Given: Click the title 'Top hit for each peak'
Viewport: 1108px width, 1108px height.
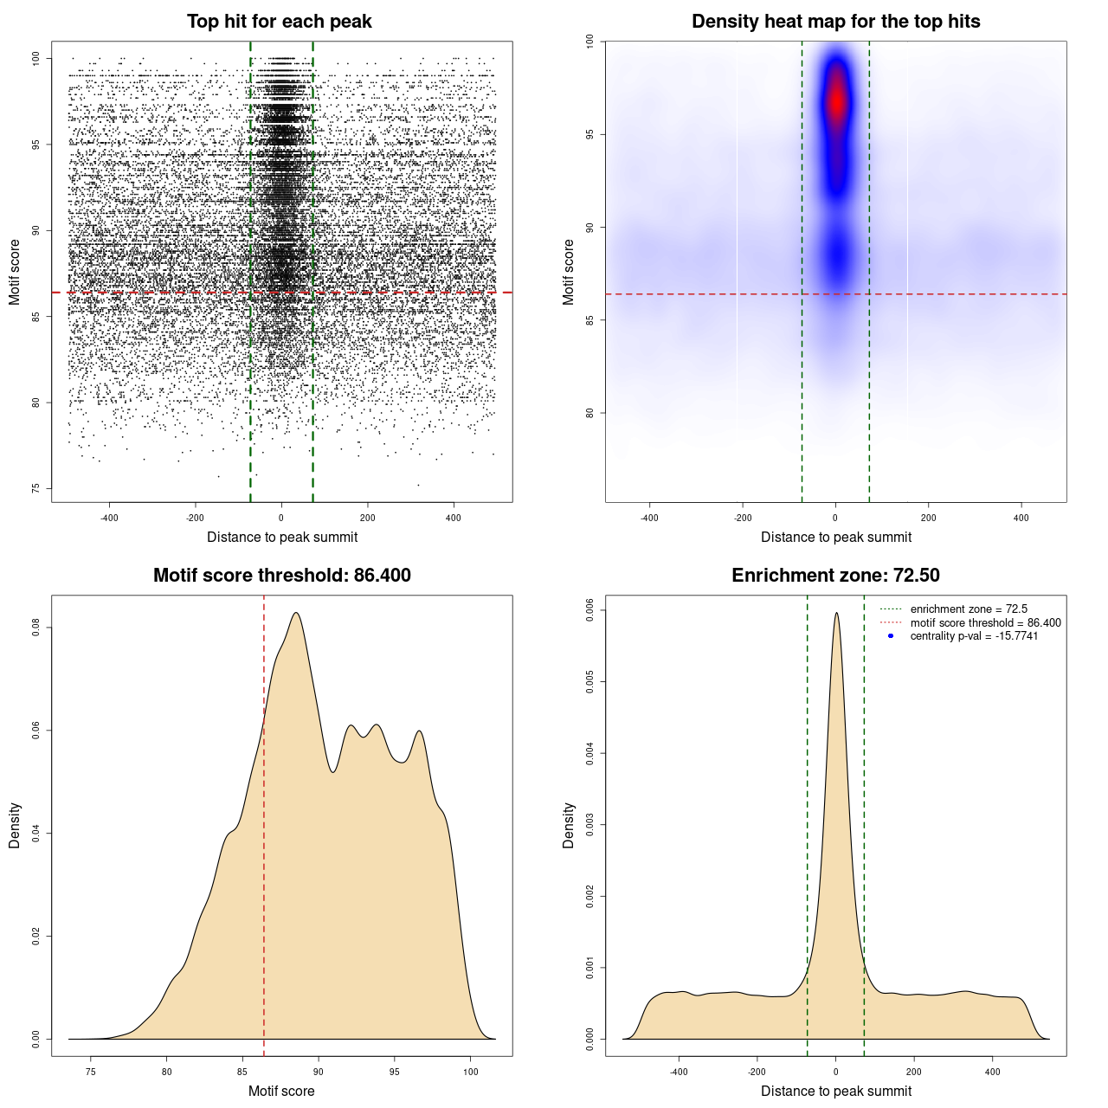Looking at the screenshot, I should click(x=279, y=22).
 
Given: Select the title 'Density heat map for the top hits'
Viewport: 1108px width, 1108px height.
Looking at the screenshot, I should click(x=835, y=22).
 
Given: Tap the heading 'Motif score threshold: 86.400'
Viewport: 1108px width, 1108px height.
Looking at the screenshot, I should click(x=281, y=576).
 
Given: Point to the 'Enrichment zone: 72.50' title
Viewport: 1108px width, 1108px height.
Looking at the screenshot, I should click(x=835, y=576).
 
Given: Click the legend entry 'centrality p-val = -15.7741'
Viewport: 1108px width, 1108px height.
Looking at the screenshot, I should click(x=974, y=636).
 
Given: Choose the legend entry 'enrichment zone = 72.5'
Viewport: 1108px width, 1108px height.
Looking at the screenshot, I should click(x=969, y=609).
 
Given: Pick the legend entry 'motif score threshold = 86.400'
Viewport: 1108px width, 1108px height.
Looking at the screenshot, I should click(x=985, y=623).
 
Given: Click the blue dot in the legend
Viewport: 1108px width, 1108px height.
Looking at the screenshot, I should click(x=891, y=636).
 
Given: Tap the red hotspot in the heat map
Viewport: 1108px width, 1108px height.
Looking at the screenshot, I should click(x=836, y=100).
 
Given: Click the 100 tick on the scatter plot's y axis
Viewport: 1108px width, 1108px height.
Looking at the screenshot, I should click(x=36, y=58).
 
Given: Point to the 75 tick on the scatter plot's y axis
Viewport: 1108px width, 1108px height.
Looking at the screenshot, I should click(x=36, y=488).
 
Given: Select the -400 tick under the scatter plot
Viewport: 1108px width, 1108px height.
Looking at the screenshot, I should click(x=109, y=518).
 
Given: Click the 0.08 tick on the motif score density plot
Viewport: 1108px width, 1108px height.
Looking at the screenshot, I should click(x=36, y=628).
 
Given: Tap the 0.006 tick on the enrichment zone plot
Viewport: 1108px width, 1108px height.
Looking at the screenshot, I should click(x=590, y=610).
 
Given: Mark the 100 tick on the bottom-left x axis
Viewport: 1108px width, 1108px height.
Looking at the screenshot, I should click(x=470, y=1072).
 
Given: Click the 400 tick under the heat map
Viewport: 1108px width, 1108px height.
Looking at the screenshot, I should click(x=1021, y=518).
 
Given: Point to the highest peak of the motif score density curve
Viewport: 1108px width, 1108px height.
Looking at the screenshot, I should click(x=296, y=613).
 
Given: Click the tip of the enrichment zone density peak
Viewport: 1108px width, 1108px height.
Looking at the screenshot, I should click(x=836, y=613).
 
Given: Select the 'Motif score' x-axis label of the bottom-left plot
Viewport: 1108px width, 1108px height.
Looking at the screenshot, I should click(x=281, y=1091).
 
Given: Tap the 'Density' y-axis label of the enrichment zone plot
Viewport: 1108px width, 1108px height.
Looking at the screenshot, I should click(x=569, y=825).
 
